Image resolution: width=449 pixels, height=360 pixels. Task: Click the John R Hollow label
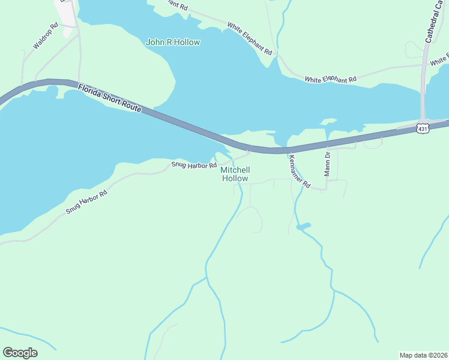click(173, 43)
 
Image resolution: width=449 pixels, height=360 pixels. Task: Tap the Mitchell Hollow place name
click(235, 174)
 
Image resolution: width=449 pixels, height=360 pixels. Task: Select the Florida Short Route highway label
click(109, 99)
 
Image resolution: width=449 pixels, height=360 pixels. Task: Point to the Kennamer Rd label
click(298, 170)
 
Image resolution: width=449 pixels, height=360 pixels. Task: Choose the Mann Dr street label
click(328, 163)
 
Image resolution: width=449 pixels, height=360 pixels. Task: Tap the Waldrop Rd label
click(46, 36)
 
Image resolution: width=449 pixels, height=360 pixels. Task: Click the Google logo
click(20, 352)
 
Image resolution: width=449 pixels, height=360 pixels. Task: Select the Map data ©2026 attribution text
click(423, 355)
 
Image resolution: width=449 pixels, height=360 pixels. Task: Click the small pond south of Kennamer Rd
click(303, 226)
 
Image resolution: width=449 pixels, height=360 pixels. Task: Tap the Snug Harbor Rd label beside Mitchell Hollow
click(194, 164)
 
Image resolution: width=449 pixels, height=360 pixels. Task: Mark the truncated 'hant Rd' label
click(174, 5)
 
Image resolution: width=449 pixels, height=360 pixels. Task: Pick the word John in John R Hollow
click(155, 43)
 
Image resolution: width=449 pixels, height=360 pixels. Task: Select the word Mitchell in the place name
click(235, 170)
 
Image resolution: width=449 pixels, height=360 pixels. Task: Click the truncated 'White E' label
click(439, 60)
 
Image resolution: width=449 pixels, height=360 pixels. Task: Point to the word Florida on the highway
click(90, 92)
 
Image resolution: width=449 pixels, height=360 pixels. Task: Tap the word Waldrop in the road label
click(42, 39)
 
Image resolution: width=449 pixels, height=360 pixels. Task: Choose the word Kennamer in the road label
click(297, 167)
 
